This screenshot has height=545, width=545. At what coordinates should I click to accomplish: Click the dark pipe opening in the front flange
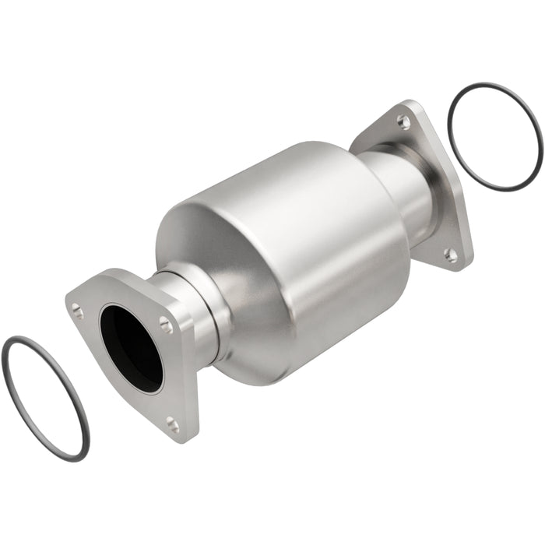(132, 346)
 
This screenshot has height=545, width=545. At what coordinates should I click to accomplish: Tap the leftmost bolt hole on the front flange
(77, 310)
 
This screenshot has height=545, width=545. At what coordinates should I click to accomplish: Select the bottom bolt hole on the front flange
(172, 424)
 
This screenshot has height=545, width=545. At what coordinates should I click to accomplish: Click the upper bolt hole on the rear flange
(402, 121)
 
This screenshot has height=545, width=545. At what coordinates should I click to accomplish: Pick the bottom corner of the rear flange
(459, 265)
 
